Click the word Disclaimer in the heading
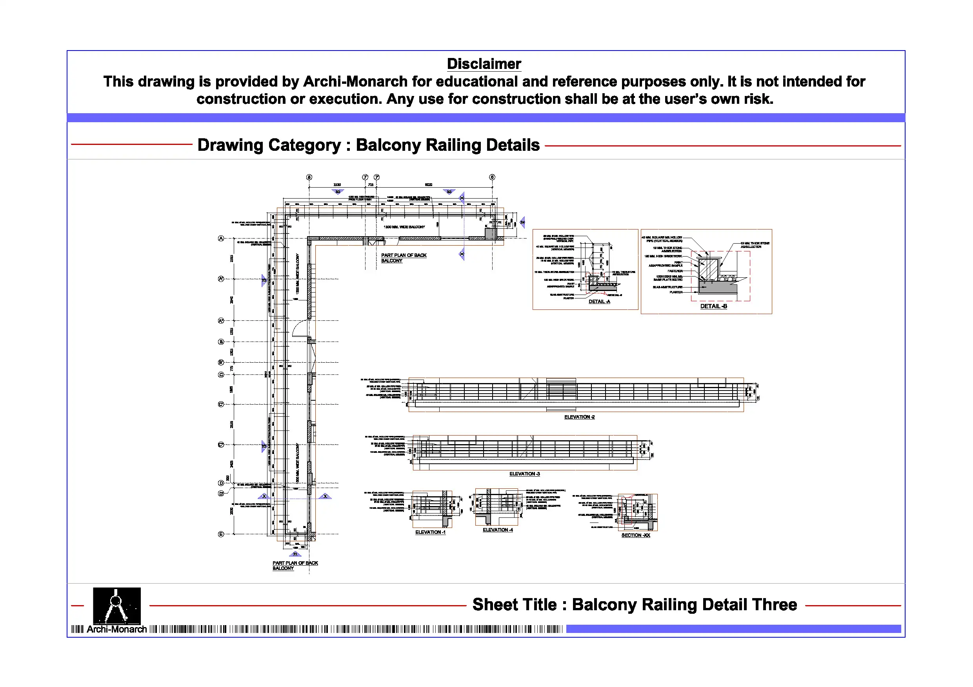click(x=484, y=64)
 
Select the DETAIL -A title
click(x=599, y=301)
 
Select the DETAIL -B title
click(x=713, y=306)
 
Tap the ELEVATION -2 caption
click(x=579, y=417)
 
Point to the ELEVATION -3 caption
click(x=524, y=474)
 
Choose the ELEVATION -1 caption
click(x=430, y=532)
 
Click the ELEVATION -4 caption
click(x=498, y=530)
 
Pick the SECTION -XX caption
click(x=635, y=535)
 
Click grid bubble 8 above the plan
click(x=309, y=177)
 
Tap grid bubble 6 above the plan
click(x=492, y=177)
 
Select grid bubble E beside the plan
click(x=221, y=534)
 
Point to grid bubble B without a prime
click(x=221, y=342)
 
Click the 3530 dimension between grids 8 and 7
click(x=337, y=184)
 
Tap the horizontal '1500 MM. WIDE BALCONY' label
click(x=404, y=227)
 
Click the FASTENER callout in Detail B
click(x=675, y=271)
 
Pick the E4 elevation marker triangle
click(x=522, y=222)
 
